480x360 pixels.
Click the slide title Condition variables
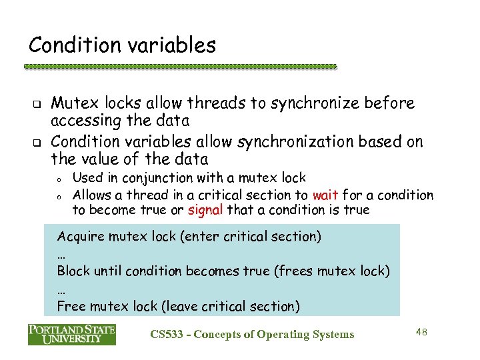click(x=122, y=45)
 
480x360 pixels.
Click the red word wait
click(x=325, y=195)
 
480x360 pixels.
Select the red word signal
click(x=205, y=211)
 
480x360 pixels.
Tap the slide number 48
click(x=421, y=331)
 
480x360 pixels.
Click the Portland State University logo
click(x=72, y=334)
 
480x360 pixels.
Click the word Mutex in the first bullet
click(x=72, y=103)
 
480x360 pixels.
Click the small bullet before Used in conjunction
click(x=59, y=179)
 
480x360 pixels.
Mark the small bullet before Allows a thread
click(x=59, y=197)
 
